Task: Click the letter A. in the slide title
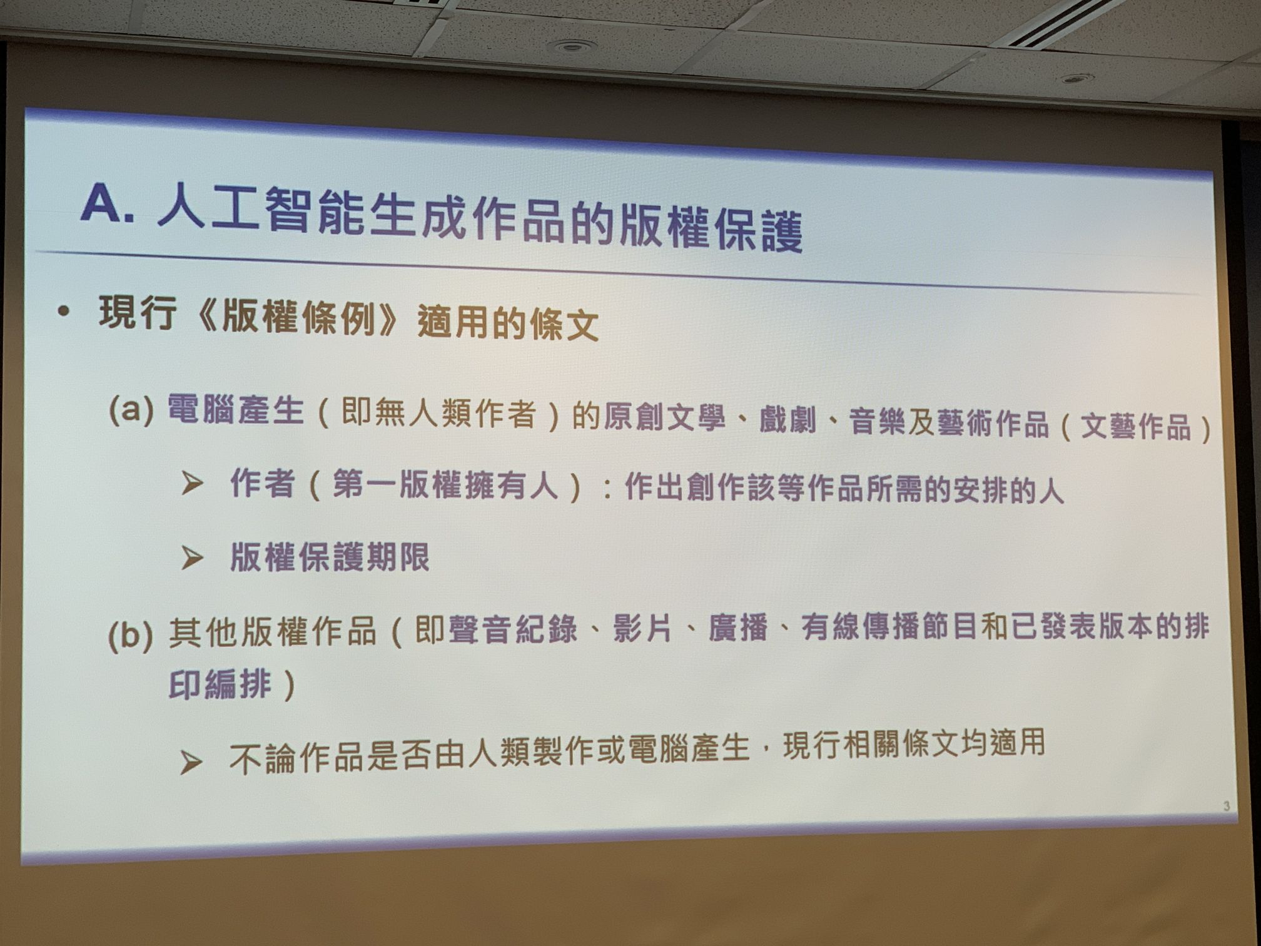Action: coord(108,203)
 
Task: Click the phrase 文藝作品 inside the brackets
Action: coord(1136,427)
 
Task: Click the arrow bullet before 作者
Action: coord(191,484)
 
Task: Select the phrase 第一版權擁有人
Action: coord(445,485)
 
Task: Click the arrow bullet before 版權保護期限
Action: coord(191,557)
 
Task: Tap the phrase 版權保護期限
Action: coord(330,556)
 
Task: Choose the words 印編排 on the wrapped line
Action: coord(220,684)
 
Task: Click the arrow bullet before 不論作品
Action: coord(191,762)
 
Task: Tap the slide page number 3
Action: coord(1227,806)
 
